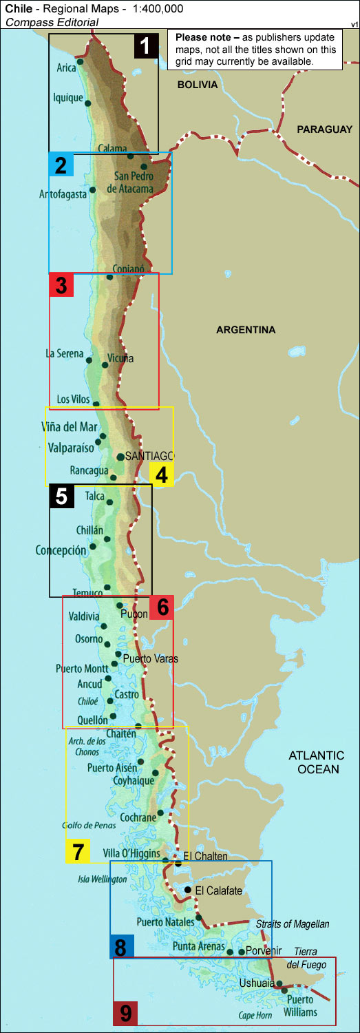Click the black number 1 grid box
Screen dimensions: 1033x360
pos(145,47)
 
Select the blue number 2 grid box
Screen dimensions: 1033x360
pos(61,165)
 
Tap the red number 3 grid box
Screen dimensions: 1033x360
pos(62,285)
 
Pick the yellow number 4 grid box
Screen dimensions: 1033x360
pos(161,474)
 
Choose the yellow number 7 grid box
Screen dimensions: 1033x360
pos(78,851)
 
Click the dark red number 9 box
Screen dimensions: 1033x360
pos(126,1012)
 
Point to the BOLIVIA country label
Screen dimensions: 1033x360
pos(197,85)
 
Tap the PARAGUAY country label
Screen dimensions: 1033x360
pos(324,129)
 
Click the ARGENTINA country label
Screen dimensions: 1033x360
pos(246,330)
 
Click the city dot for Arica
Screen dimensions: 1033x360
pos(80,62)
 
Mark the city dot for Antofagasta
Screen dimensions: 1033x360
pos(92,189)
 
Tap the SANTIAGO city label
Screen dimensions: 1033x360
pos(150,456)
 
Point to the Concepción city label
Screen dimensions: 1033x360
pos(61,550)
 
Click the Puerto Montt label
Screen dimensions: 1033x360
pos(82,668)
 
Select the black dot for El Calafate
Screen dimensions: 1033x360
pos(188,890)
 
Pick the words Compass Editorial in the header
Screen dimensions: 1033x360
pos(52,22)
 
